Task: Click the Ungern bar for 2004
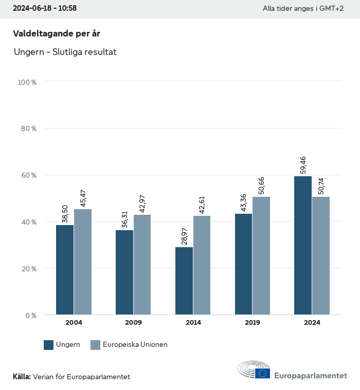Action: [x=65, y=270]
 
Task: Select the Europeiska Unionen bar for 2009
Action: [x=142, y=265]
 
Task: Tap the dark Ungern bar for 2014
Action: [x=184, y=281]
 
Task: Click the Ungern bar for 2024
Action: [x=303, y=245]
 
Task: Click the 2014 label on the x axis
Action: [x=193, y=323]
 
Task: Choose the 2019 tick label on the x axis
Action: [x=253, y=323]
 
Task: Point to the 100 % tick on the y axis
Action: [x=27, y=82]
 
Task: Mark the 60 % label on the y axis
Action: [x=29, y=175]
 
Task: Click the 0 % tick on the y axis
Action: [x=31, y=315]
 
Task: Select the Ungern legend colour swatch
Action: [x=49, y=345]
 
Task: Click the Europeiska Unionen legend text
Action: [x=135, y=345]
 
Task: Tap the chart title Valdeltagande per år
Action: [x=56, y=33]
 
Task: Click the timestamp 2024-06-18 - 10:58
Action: [x=45, y=9]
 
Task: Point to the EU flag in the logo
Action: [x=263, y=373]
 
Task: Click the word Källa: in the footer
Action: [x=22, y=377]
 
